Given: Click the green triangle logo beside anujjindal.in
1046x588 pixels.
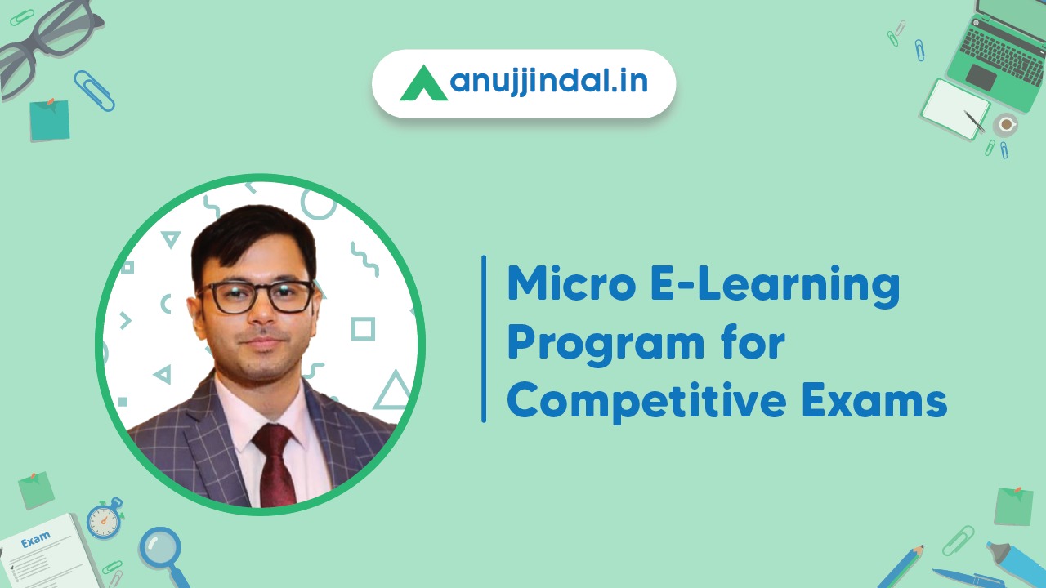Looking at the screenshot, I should (422, 83).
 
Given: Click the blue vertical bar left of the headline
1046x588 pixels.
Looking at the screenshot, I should (484, 339).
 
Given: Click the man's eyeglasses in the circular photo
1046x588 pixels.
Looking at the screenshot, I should (256, 296).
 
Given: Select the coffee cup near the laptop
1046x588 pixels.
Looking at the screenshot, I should (1005, 125).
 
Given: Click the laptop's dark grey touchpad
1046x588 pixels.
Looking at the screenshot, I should (981, 78).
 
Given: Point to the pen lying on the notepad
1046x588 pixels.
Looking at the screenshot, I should (975, 122).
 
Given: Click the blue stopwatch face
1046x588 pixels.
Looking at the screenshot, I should (104, 520).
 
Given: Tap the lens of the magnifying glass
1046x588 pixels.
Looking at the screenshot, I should (159, 546).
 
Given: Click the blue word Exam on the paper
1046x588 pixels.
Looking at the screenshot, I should (35, 540).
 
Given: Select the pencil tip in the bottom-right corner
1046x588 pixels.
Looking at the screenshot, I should (921, 548).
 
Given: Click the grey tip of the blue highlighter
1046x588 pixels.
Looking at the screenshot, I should (991, 546).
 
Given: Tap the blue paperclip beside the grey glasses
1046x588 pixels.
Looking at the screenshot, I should (94, 90).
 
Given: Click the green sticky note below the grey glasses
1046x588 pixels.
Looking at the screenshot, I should (49, 120).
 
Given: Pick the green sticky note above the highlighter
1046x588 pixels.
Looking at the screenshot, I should (1013, 506).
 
